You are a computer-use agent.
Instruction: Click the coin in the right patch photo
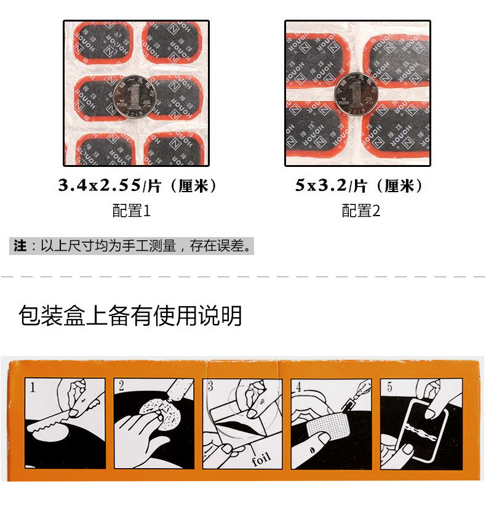coord(356,94)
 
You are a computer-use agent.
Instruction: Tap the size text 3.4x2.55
coord(100,185)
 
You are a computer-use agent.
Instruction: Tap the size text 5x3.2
coord(322,185)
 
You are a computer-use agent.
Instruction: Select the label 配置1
coord(131,211)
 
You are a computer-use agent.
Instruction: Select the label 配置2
coord(361,211)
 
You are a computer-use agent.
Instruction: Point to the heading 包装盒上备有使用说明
coord(130,315)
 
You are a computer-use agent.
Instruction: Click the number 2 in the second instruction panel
coord(121,387)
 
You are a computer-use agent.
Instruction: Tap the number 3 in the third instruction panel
coord(210,387)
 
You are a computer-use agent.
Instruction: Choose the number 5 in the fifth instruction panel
coord(389,387)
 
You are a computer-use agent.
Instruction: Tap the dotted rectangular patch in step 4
coord(327,426)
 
